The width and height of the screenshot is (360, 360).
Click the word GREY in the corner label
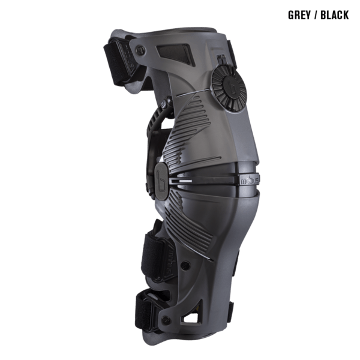click(x=299, y=15)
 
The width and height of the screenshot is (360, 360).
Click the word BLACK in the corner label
click(x=334, y=15)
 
